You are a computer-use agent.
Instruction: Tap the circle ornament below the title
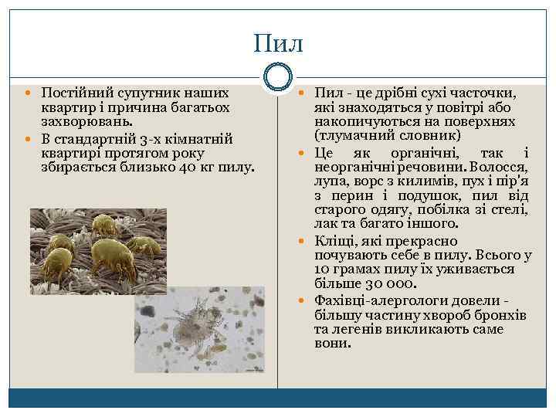click(278, 76)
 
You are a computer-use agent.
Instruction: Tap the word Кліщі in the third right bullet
click(334, 241)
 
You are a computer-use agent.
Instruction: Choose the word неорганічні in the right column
click(350, 166)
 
